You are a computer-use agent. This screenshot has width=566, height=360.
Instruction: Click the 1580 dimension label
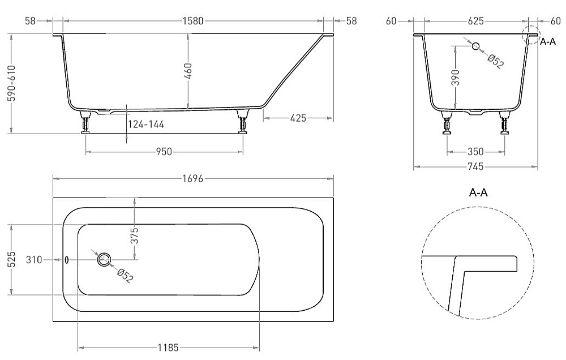(x=193, y=21)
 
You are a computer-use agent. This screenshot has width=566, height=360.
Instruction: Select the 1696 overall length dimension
(x=193, y=178)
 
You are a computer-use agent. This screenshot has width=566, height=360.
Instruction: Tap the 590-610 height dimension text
(x=12, y=84)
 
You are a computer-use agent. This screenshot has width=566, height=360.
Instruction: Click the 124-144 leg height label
(x=146, y=125)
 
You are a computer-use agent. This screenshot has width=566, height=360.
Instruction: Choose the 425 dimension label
(x=298, y=118)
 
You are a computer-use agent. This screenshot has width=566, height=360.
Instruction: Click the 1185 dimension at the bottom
(x=168, y=348)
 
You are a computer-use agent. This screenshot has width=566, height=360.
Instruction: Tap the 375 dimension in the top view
(x=134, y=235)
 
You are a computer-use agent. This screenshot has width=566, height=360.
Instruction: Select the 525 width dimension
(x=12, y=260)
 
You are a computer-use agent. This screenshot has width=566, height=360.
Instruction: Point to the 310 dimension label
(x=34, y=260)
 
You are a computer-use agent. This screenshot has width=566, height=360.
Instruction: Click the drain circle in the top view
(x=104, y=259)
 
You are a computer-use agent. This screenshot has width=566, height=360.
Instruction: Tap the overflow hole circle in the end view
(x=476, y=46)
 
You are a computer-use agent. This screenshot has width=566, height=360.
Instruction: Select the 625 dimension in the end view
(x=476, y=21)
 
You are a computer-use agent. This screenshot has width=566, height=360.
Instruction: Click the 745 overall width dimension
(x=476, y=166)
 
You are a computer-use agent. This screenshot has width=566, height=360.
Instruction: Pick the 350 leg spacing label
(x=475, y=152)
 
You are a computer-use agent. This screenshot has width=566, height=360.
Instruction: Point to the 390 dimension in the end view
(x=456, y=78)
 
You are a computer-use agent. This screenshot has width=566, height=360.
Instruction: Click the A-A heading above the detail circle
(x=478, y=192)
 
